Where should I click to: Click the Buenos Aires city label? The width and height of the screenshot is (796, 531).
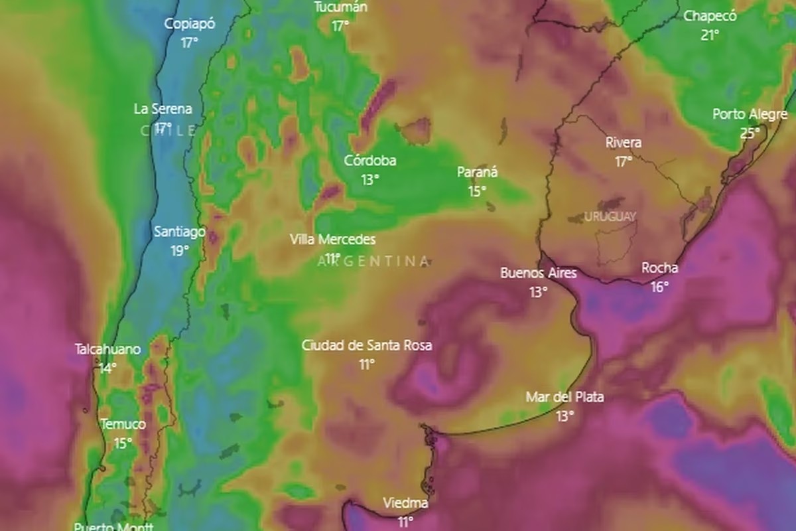point(538,273)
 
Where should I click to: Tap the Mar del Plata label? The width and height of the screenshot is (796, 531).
point(564,397)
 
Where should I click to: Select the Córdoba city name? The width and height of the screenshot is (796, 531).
point(370,161)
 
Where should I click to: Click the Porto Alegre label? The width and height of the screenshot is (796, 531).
point(750,114)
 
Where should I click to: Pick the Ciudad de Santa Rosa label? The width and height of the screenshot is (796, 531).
point(367,345)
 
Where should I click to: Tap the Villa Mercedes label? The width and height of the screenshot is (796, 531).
point(332,240)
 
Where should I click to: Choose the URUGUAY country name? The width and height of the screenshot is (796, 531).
point(610,216)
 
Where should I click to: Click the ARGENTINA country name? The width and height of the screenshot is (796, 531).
point(373,262)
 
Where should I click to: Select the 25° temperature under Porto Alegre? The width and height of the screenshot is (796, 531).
point(750,133)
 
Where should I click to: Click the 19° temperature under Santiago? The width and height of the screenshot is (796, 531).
point(179,250)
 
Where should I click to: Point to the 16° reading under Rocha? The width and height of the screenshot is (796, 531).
point(659,287)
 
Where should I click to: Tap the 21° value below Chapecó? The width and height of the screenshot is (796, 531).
point(710,35)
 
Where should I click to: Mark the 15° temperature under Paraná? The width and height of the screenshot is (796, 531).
point(477,191)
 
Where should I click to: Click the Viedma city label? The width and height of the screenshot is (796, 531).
point(405,503)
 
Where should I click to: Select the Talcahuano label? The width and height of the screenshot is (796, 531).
point(107,349)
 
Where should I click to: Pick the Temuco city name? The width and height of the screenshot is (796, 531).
point(123,424)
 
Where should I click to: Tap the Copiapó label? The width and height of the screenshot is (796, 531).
point(190,24)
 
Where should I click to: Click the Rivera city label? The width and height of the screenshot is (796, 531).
point(623,143)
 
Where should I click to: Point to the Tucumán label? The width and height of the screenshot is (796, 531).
point(340,7)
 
